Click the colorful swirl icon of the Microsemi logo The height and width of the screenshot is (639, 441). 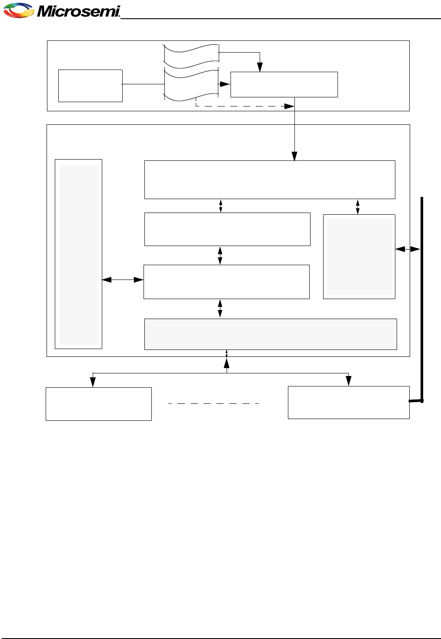(x=19, y=10)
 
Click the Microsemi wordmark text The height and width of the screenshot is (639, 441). (x=78, y=11)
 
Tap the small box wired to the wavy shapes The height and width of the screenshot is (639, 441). (x=90, y=86)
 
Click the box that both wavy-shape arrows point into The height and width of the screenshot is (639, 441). (x=284, y=84)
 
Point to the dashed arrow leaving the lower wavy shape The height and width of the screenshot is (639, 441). (x=244, y=106)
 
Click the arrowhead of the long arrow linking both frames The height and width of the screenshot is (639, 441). (x=294, y=156)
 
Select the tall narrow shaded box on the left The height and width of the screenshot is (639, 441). (x=78, y=254)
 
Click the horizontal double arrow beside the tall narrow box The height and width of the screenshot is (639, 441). (x=123, y=280)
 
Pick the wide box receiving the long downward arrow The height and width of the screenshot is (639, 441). (x=270, y=180)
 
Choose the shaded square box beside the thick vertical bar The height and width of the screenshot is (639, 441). (x=359, y=256)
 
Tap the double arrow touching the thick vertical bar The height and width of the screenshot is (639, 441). (x=408, y=249)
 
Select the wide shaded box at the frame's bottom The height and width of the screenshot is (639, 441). (x=271, y=334)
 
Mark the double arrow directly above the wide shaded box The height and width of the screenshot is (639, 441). (x=220, y=308)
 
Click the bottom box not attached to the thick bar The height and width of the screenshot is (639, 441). (x=99, y=404)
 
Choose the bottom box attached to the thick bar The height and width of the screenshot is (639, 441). (x=348, y=403)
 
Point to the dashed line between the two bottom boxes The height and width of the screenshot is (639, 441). (x=214, y=404)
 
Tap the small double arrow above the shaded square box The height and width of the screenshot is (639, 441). (x=358, y=207)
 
